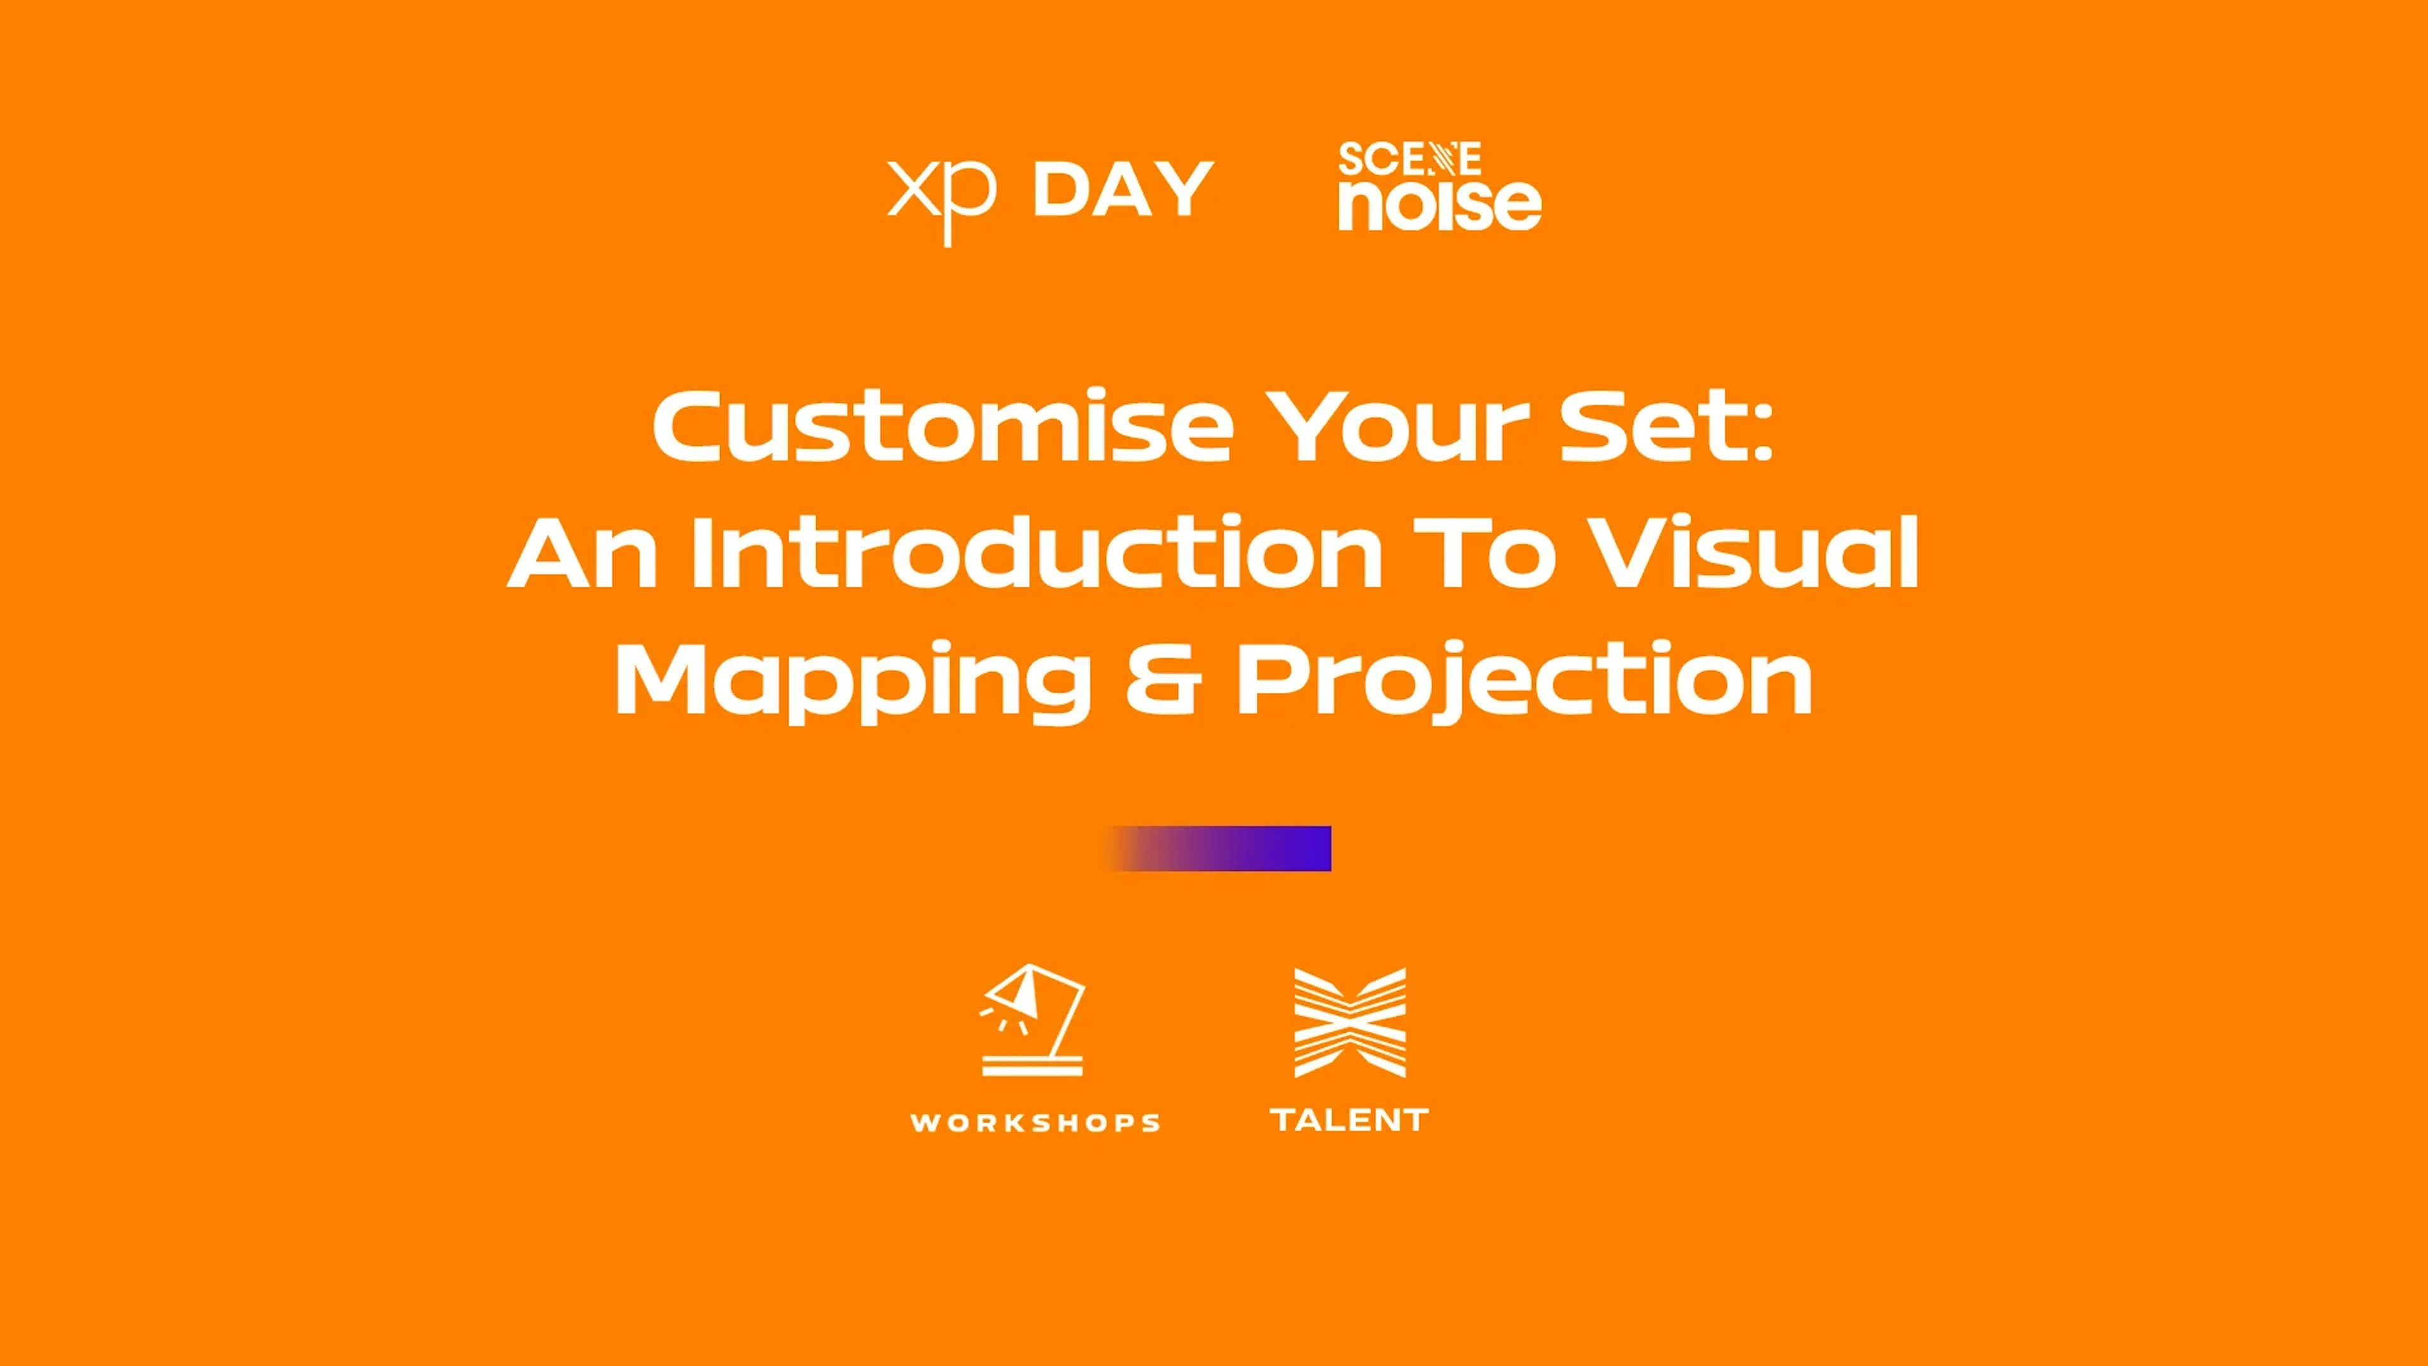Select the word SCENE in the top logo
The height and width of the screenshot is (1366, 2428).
point(1409,159)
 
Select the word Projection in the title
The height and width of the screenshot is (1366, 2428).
point(1524,680)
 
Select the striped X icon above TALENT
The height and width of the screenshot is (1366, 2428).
point(1350,1023)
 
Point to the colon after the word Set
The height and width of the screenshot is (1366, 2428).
point(1763,436)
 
